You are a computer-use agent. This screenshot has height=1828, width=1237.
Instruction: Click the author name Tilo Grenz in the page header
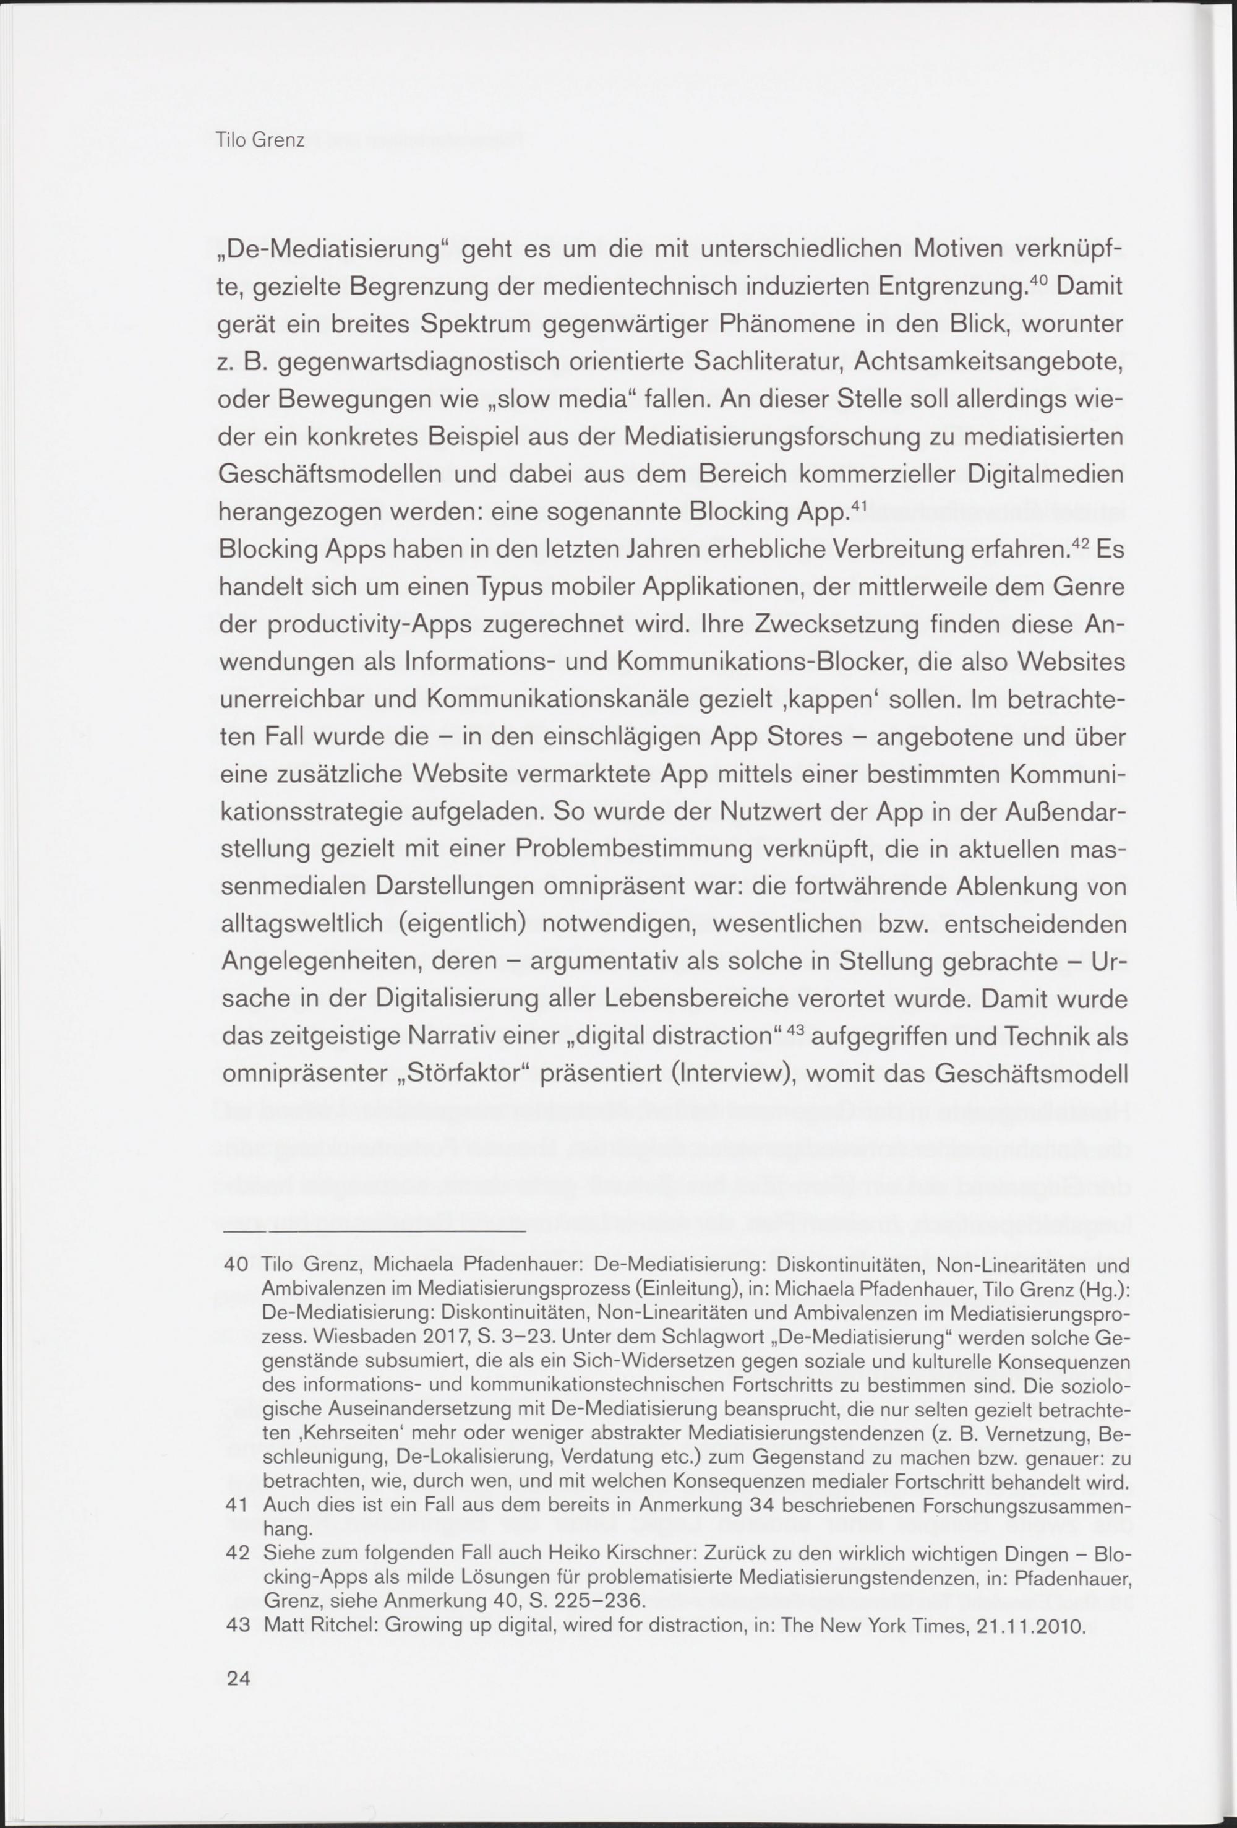[260, 142]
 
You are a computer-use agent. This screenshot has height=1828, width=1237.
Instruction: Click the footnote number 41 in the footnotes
[237, 1506]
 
